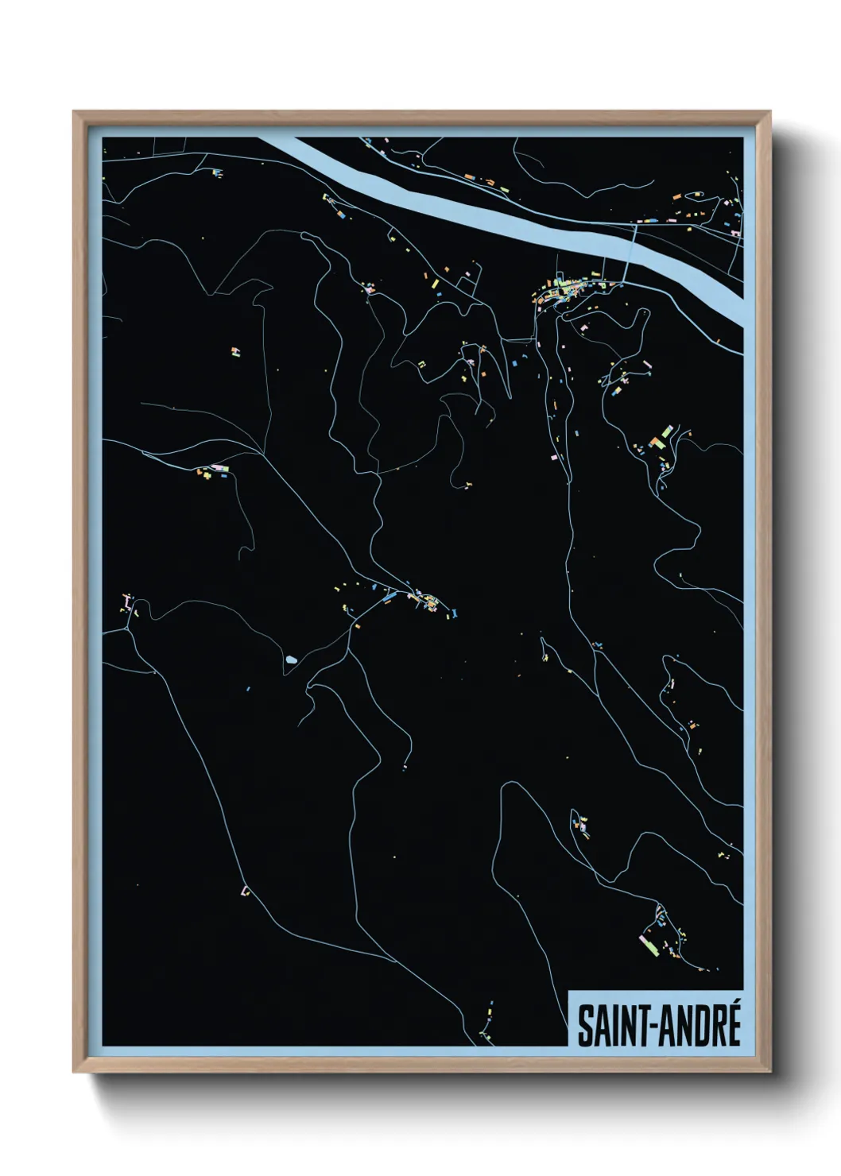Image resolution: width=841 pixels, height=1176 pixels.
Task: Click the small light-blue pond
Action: tap(291, 660)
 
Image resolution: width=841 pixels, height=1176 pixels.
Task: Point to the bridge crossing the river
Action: tap(632, 251)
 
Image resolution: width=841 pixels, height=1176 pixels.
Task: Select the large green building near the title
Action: tap(650, 946)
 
